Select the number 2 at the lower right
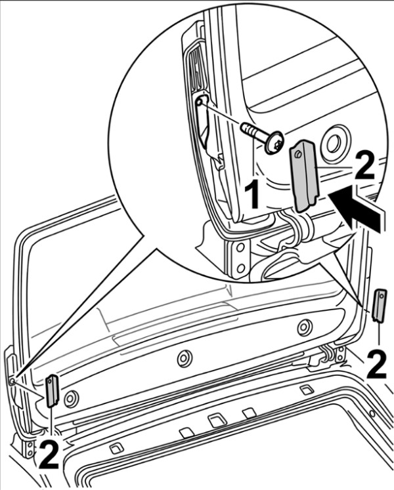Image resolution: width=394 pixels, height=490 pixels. (376, 365)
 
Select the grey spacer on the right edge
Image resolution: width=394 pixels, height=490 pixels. (379, 306)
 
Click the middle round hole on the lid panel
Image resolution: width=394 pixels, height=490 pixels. (185, 358)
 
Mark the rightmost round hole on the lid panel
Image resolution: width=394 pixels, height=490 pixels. (303, 326)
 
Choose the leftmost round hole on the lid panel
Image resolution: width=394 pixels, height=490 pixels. (70, 397)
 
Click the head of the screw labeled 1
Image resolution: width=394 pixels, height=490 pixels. (276, 140)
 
